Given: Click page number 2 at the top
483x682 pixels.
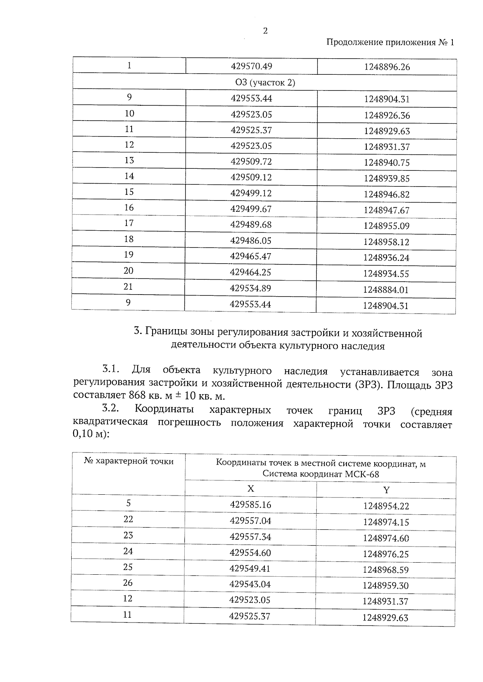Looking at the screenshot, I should [x=265, y=31].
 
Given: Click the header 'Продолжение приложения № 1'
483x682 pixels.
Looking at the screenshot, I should [x=390, y=43].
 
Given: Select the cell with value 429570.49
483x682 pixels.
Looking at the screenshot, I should [x=251, y=66].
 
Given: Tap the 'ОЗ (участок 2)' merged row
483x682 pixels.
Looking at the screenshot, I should [x=265, y=83].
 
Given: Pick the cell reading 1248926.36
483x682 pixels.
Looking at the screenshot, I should [x=387, y=116].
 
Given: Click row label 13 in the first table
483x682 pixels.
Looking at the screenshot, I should [x=129, y=160].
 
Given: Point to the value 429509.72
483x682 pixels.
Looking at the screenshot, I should [x=251, y=162].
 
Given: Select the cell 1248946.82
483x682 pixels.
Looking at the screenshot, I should [x=386, y=195].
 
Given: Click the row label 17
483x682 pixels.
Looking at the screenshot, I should [x=129, y=223].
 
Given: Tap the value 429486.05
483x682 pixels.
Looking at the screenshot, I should [x=251, y=240].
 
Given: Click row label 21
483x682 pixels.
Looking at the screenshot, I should [x=128, y=287].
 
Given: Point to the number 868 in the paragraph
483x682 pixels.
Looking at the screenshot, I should [x=137, y=395].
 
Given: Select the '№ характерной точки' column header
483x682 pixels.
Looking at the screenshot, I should [x=129, y=461].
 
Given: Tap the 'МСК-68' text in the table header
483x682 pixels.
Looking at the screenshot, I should [x=362, y=474].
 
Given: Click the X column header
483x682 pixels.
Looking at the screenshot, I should [x=250, y=489].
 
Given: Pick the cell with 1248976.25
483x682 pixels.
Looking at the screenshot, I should [x=386, y=554].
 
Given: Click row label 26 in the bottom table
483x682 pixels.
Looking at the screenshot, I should [x=128, y=583].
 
